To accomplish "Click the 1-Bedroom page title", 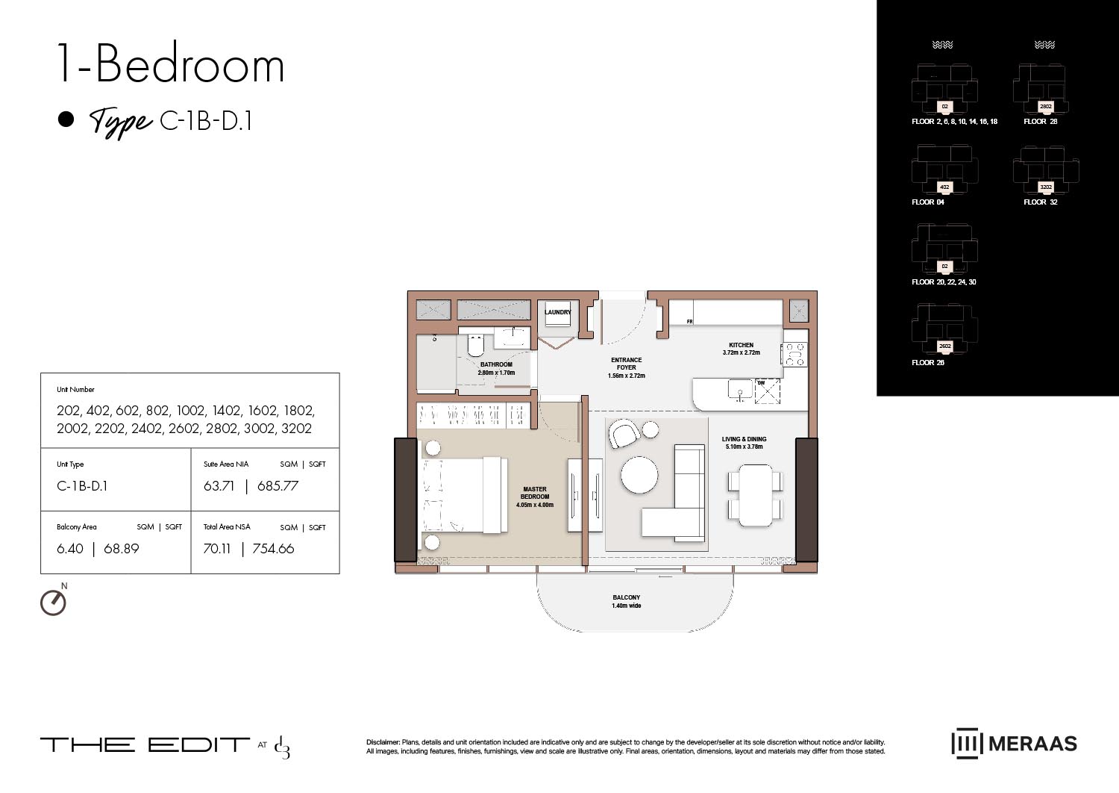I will click(171, 65).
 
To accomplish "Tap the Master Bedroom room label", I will click(535, 497).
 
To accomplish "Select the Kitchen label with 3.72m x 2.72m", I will click(741, 349).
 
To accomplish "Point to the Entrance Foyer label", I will click(626, 367).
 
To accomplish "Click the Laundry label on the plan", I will click(557, 313).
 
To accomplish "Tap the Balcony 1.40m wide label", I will click(626, 601).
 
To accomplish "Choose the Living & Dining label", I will click(744, 443).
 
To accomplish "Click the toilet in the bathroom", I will click(475, 346).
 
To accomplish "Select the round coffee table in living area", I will click(639, 475).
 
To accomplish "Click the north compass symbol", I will click(53, 602).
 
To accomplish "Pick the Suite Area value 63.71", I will click(219, 486).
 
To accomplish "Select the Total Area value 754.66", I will click(273, 549).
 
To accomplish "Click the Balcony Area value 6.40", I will click(70, 549).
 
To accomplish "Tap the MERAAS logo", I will click(1014, 744).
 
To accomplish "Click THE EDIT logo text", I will click(145, 744).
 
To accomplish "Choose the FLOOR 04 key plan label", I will click(928, 202).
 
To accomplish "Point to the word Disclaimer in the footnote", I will click(383, 742).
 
